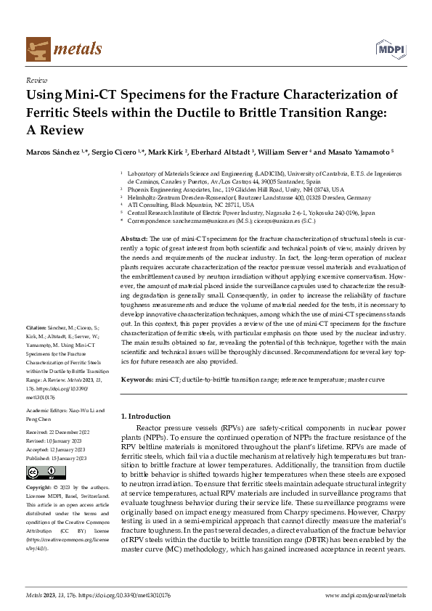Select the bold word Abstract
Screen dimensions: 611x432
coord(133,239)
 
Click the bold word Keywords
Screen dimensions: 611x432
coord(136,380)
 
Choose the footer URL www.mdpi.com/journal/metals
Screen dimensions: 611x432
coord(365,595)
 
